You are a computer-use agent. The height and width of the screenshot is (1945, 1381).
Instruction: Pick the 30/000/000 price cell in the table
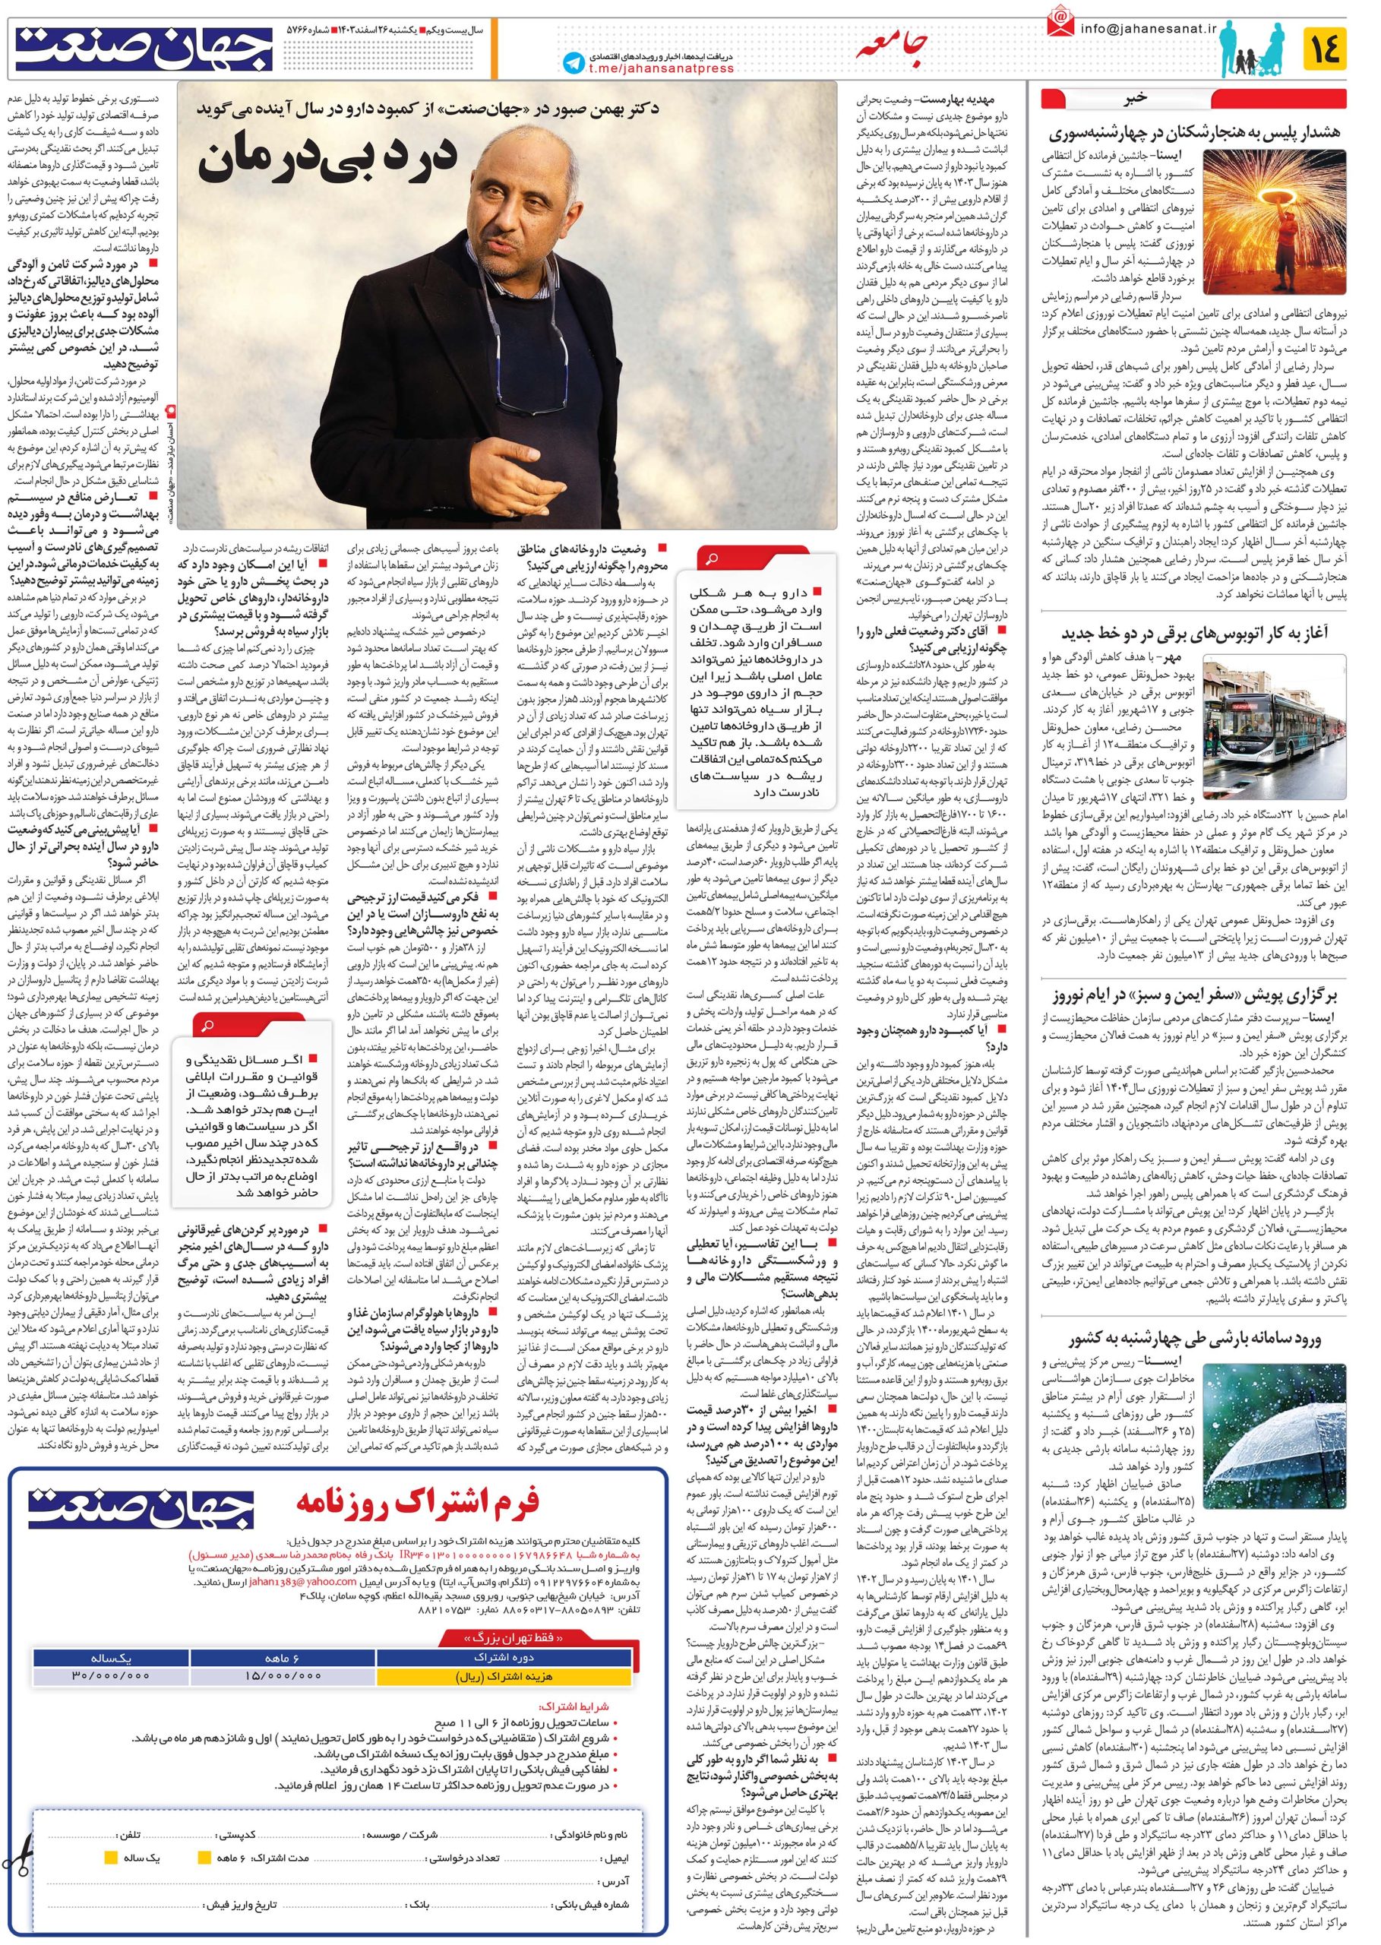(111, 1675)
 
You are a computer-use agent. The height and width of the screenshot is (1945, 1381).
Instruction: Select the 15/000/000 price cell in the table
(283, 1675)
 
